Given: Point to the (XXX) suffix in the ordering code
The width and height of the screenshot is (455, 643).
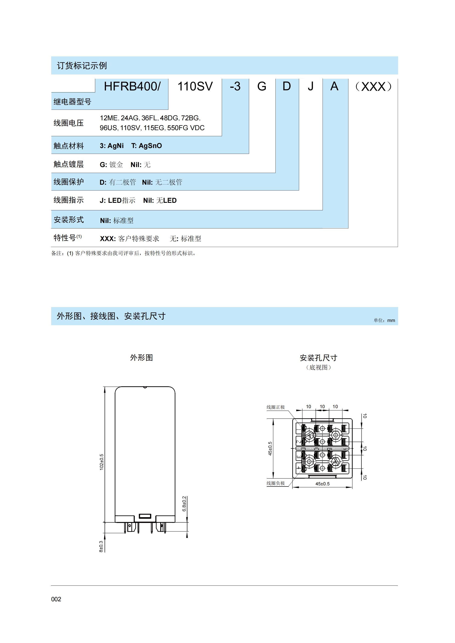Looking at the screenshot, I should (373, 87).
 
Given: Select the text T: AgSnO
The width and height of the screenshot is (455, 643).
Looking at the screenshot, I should (146, 146).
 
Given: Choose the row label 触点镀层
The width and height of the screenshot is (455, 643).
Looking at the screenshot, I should (69, 164).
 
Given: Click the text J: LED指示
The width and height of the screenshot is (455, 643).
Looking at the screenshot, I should (117, 201).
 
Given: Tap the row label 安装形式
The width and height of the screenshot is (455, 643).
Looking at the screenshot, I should (69, 220).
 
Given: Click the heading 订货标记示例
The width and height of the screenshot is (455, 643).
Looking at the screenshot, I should (82, 66).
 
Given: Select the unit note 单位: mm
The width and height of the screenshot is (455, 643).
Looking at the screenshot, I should (384, 320).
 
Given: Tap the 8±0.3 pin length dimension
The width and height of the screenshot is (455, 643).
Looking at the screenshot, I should (101, 546).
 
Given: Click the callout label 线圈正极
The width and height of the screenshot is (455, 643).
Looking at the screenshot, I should (276, 407).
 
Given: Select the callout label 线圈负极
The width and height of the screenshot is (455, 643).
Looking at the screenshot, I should (276, 483).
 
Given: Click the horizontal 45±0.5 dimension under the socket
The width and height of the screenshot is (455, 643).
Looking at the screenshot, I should (322, 484).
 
